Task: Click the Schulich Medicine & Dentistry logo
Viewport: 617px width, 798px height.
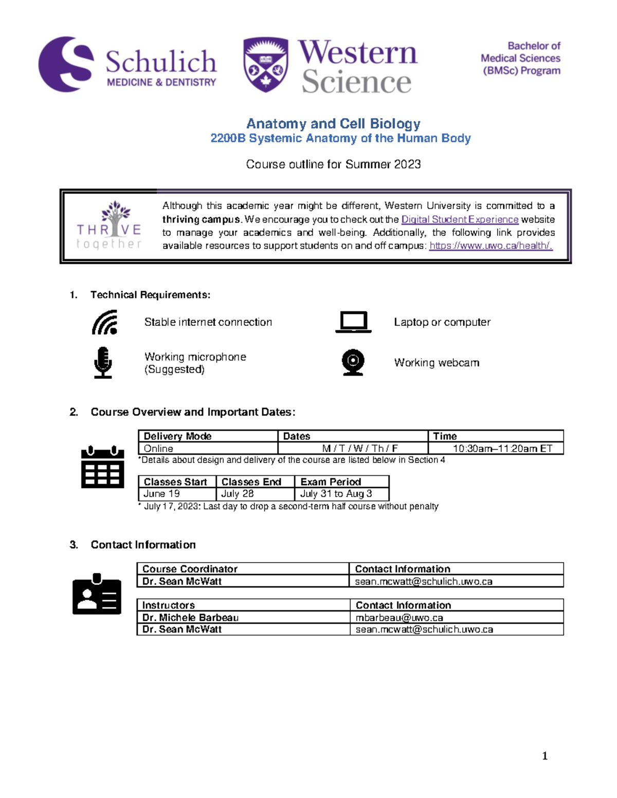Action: tap(128, 65)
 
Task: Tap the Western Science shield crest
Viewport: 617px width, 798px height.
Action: tap(265, 65)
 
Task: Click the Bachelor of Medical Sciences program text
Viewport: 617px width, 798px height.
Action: tap(520, 59)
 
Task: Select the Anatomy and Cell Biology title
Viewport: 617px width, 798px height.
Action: tap(333, 123)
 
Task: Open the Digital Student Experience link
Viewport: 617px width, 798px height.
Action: tap(460, 219)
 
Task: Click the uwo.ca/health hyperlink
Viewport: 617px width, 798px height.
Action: tap(491, 246)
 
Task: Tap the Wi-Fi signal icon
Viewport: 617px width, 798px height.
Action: tap(105, 322)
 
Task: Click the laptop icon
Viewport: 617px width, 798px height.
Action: tap(353, 322)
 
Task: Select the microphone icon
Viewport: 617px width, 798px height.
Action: tap(103, 362)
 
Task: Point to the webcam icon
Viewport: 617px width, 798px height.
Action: tap(353, 362)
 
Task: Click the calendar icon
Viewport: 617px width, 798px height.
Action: tap(103, 467)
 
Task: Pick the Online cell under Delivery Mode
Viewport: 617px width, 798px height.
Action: tap(158, 449)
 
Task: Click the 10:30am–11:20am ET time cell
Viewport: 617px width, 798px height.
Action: tap(502, 449)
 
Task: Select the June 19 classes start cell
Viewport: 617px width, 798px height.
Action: tap(162, 494)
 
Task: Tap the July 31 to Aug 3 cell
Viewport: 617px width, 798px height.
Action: tap(336, 494)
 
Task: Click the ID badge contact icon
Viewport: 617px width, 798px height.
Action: tap(97, 594)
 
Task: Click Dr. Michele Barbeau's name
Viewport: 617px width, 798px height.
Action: tap(190, 618)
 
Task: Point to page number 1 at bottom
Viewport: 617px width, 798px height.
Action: tap(545, 756)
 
